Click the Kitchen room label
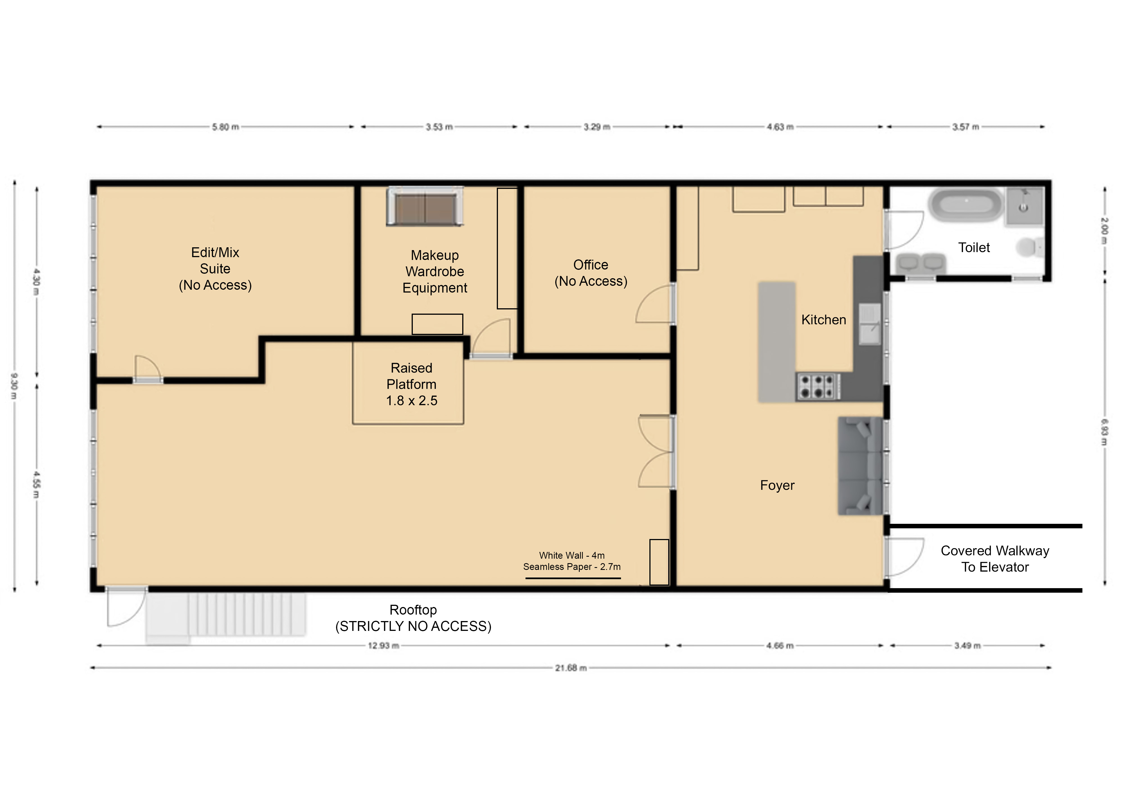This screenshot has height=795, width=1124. [x=823, y=320]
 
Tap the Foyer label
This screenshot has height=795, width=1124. [x=777, y=485]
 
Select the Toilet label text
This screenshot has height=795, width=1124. [x=974, y=247]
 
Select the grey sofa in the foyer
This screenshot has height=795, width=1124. [x=860, y=466]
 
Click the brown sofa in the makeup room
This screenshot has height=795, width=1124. [x=424, y=207]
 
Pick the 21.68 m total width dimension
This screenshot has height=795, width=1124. [x=571, y=668]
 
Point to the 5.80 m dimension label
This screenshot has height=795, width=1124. [x=225, y=127]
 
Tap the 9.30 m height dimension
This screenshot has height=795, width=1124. [x=14, y=386]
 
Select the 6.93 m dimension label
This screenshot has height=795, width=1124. [x=1104, y=432]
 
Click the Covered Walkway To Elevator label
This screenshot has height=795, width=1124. [x=995, y=559]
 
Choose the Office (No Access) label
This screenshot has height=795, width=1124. [x=591, y=273]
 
